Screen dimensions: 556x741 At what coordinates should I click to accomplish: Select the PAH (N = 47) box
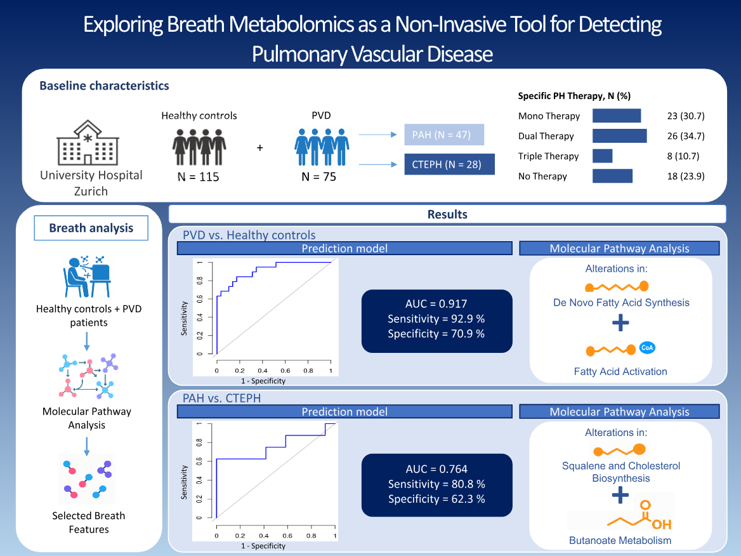pos(444,135)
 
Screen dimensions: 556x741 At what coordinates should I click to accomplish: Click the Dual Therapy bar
pos(619,136)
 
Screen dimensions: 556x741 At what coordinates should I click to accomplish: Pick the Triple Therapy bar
pos(602,156)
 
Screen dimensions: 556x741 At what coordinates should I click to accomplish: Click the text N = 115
pos(199,177)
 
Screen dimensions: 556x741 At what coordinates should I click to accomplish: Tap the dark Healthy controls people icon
pos(199,147)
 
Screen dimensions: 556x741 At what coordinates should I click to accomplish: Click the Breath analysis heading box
pos(91,228)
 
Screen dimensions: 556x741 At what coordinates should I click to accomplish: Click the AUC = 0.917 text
pos(436,303)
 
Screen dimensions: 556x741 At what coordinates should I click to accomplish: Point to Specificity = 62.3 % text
pos(436,499)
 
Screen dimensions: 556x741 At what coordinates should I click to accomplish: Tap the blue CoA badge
pos(647,348)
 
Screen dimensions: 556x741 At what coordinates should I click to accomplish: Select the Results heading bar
pos(447,214)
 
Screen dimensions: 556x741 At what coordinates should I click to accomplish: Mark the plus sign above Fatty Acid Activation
pos(620,324)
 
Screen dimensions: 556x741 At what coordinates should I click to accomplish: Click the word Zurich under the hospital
pos(91,191)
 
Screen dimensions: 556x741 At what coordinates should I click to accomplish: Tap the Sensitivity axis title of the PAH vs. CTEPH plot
pos(185,482)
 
